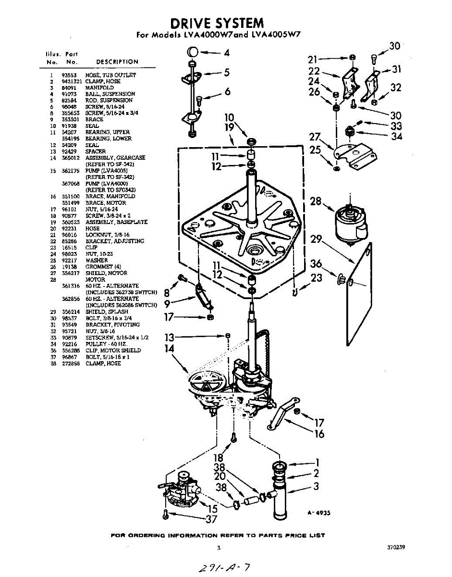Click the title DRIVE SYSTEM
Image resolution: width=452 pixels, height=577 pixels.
[x=217, y=23]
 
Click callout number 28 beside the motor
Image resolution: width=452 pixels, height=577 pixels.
[x=316, y=201]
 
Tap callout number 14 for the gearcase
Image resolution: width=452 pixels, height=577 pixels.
[x=169, y=349]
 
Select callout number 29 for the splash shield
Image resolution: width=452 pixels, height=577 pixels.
[x=316, y=239]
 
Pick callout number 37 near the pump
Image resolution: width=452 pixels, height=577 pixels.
[x=211, y=519]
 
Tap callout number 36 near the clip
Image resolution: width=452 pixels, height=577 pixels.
[x=316, y=264]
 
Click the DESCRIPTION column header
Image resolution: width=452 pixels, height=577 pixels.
[x=117, y=62]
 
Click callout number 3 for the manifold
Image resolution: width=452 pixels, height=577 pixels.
[x=316, y=486]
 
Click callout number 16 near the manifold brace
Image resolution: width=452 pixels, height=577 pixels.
[x=319, y=434]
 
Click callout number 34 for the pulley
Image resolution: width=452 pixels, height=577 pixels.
[x=396, y=136]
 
